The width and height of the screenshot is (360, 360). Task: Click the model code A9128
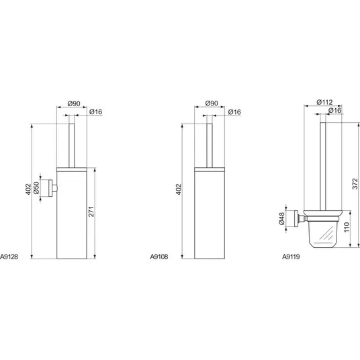pos(9,257)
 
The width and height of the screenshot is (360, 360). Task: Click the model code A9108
pos(159,257)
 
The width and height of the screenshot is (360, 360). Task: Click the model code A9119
pos(291,257)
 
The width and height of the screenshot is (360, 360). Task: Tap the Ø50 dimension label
pos(36,188)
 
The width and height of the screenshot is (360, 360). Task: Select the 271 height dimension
pos(91,212)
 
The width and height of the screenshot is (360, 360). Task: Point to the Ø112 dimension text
pos(324,102)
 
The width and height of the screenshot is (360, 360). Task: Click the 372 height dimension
pos(355,183)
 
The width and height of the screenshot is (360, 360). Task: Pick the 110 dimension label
pos(347,227)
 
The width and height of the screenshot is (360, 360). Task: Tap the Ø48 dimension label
pos(281,218)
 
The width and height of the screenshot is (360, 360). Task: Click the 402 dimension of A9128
pos(28,189)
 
